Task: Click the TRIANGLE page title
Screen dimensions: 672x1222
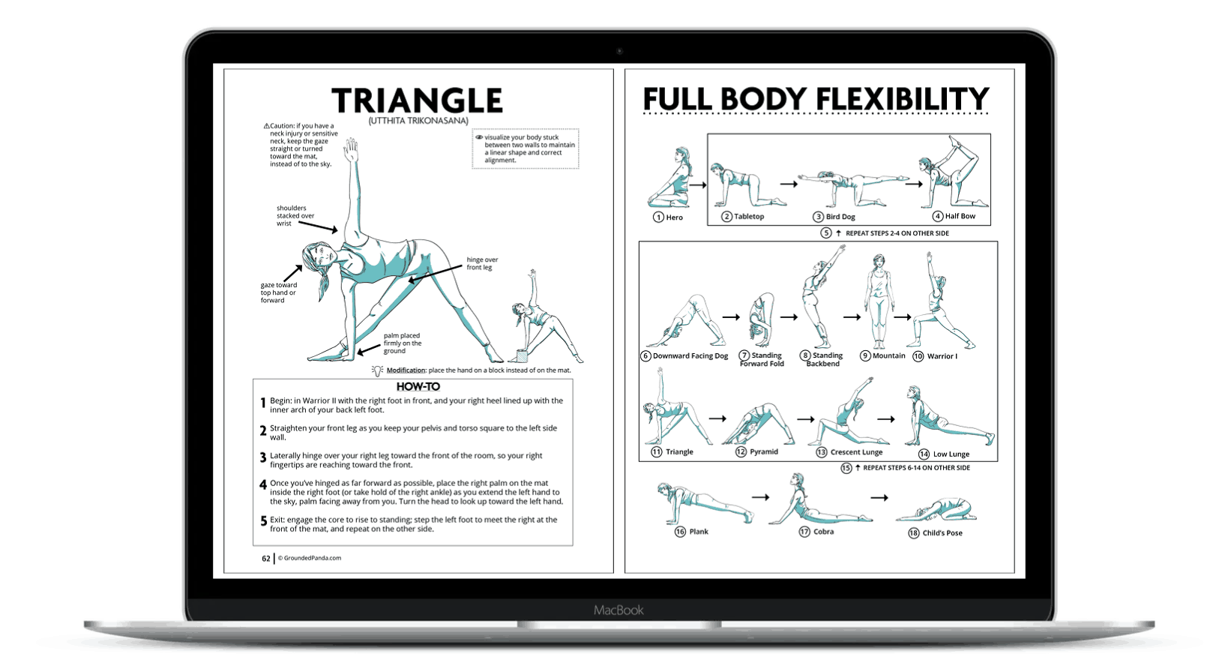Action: (x=417, y=101)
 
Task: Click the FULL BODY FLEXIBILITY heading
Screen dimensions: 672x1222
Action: (x=816, y=100)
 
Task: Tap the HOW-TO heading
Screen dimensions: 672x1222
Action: (x=418, y=387)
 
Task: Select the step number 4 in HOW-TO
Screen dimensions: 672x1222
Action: (x=263, y=484)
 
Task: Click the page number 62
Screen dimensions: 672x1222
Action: (x=265, y=559)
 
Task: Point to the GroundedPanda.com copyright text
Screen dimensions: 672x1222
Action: (x=310, y=558)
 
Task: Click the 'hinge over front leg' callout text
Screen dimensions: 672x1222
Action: (x=482, y=263)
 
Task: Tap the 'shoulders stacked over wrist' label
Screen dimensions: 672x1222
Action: (x=295, y=216)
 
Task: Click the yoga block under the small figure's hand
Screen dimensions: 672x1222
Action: (x=523, y=355)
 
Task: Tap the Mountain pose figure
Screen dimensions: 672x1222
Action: (x=877, y=300)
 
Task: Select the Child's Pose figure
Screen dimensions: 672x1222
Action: (x=936, y=511)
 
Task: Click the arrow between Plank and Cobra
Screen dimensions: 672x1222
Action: (x=760, y=497)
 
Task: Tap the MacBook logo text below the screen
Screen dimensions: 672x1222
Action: (x=618, y=610)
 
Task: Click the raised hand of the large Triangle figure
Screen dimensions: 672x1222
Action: (x=351, y=149)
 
